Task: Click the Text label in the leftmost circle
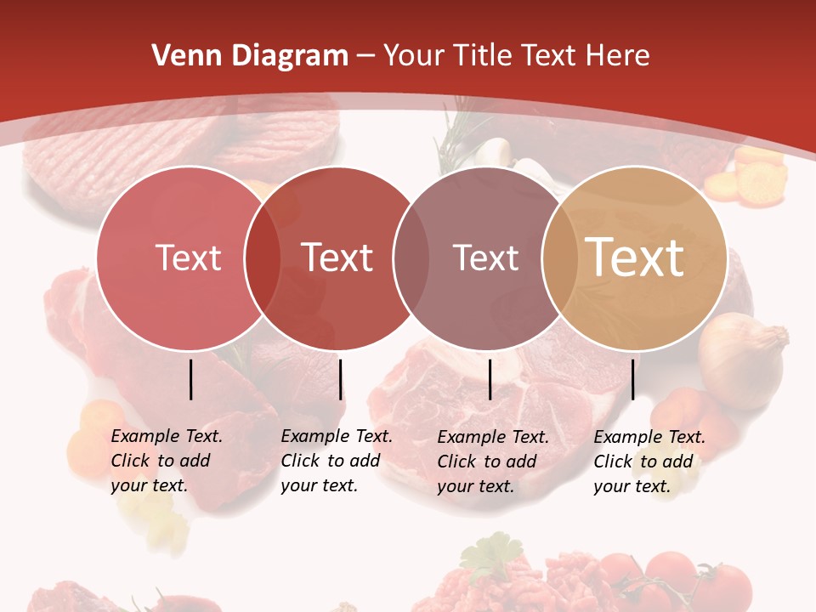point(188,258)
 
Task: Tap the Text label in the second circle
point(337,258)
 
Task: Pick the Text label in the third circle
point(485,258)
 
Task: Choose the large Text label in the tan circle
point(635,258)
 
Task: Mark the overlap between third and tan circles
point(559,258)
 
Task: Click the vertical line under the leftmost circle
point(191,379)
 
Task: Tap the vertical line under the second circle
point(341,379)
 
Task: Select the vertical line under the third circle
point(490,379)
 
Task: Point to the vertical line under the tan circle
point(633,379)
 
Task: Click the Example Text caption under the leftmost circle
point(167,461)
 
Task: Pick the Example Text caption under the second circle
point(337,461)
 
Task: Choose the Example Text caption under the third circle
point(493,462)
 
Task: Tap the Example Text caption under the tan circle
point(649,462)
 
